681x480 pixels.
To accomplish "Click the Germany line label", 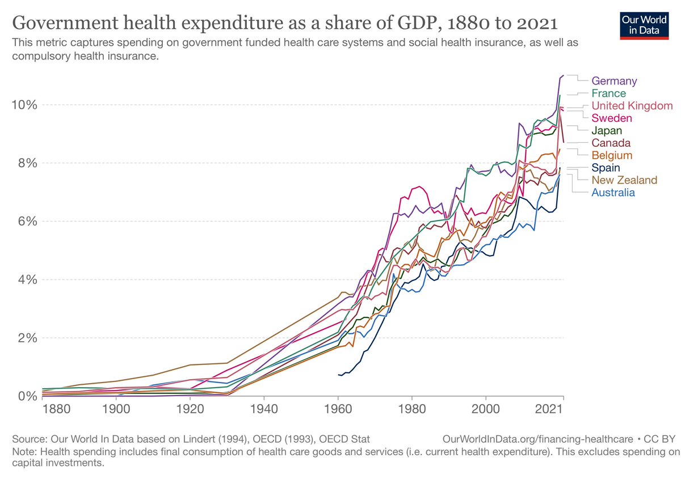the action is (614, 81).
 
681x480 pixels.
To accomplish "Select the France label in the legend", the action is (608, 93).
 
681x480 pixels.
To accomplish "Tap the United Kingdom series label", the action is (632, 105).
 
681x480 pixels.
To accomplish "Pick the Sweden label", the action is (612, 118).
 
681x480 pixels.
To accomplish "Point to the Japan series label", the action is (607, 130).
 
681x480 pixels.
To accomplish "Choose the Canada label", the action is (611, 143).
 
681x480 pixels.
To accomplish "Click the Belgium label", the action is (612, 155).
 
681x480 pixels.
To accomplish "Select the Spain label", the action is (606, 168).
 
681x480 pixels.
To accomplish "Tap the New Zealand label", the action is (624, 180).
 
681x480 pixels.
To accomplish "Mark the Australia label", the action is (613, 193).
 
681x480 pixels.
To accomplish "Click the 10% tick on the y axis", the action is (24, 105).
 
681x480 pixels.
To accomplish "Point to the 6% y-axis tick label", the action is (28, 221).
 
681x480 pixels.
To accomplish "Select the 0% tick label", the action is (28, 396).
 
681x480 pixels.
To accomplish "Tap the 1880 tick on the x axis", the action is (57, 409).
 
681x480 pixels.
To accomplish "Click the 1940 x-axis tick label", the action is (264, 409).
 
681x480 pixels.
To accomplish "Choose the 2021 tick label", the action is (548, 409).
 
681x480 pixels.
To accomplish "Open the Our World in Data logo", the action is (644, 26).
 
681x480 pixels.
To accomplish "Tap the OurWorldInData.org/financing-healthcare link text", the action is (538, 439).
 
